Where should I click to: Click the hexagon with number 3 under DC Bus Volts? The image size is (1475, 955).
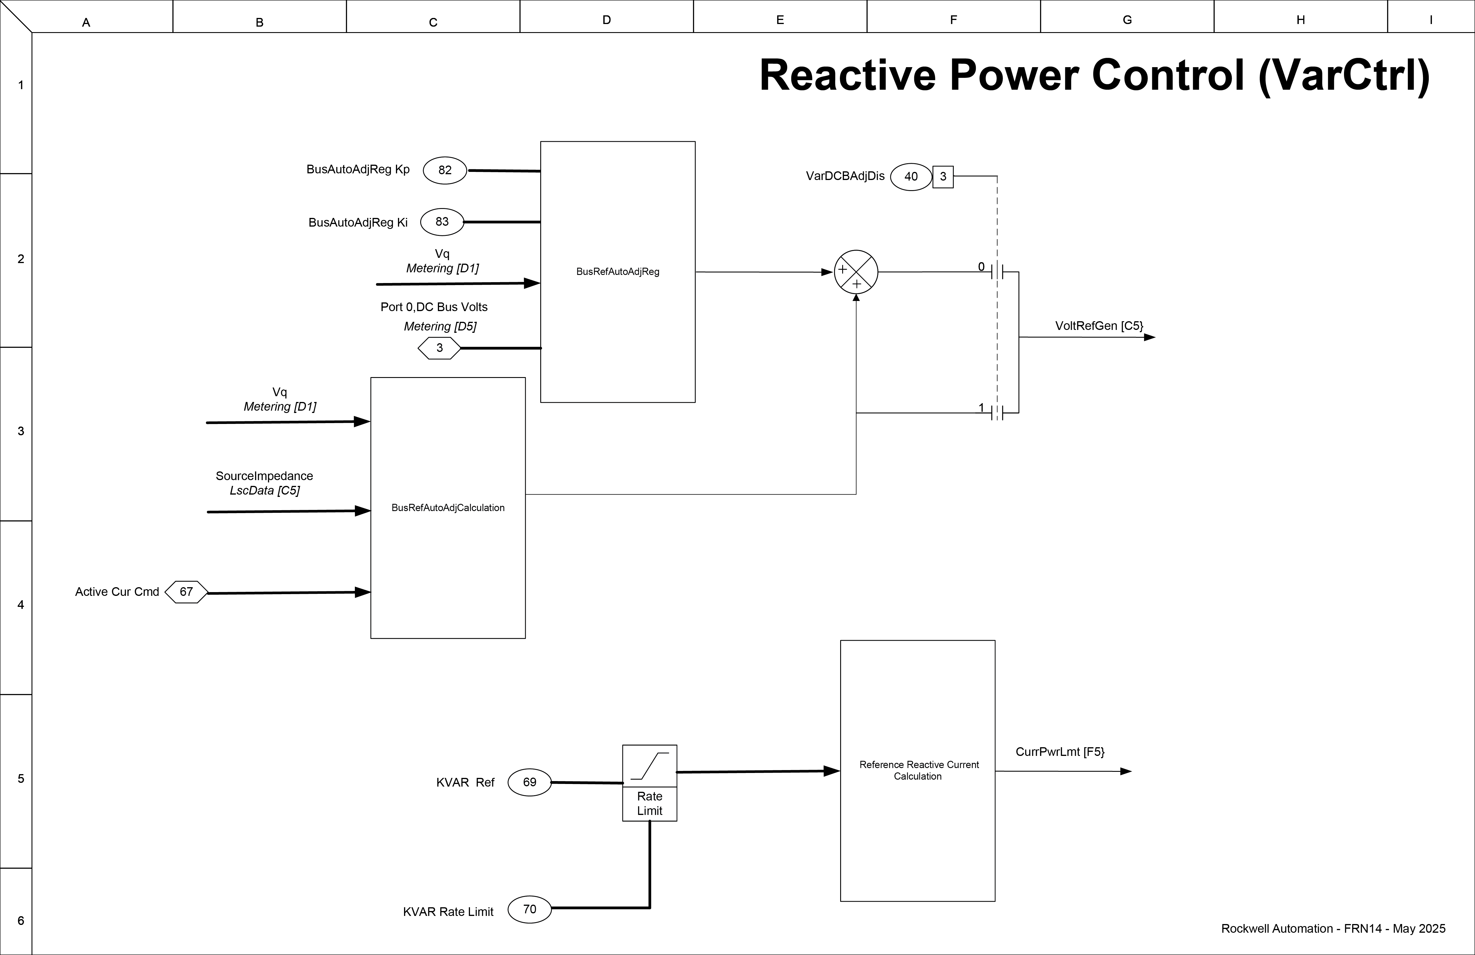(439, 348)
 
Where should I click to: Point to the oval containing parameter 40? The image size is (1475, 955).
(910, 177)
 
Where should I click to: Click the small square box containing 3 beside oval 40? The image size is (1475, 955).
(943, 177)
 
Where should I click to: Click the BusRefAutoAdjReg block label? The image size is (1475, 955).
(617, 272)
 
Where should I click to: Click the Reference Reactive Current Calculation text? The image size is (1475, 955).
(919, 770)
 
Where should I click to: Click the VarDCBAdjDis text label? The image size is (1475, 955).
(845, 176)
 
